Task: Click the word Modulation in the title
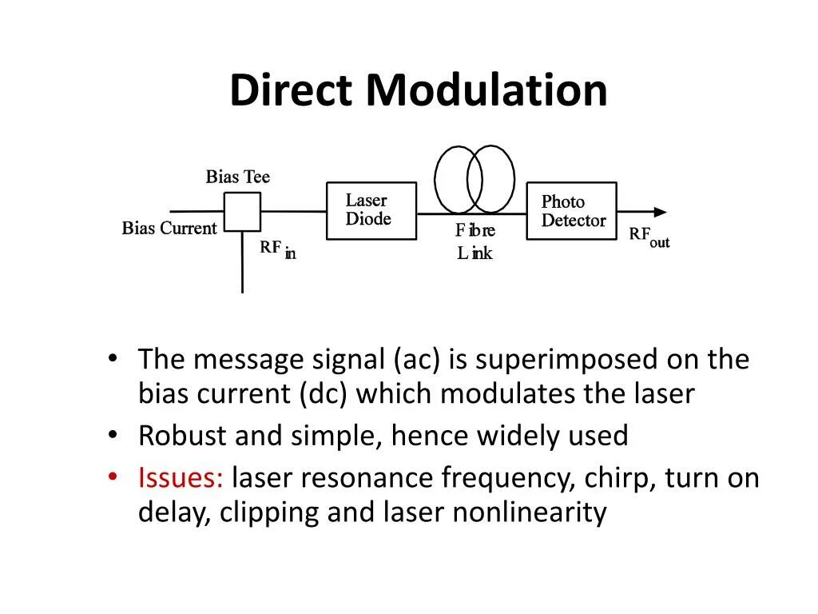pyautogui.click(x=486, y=90)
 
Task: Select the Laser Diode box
pyautogui.click(x=371, y=211)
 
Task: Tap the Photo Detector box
pyautogui.click(x=571, y=211)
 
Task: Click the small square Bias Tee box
pyautogui.click(x=242, y=212)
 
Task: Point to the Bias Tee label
pyautogui.click(x=238, y=177)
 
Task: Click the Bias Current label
pyautogui.click(x=169, y=229)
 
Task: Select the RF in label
pyautogui.click(x=277, y=249)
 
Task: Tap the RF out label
pyautogui.click(x=649, y=237)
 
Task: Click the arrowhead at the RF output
pyautogui.click(x=660, y=212)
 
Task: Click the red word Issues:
pyautogui.click(x=181, y=478)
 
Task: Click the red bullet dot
pyautogui.click(x=113, y=477)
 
